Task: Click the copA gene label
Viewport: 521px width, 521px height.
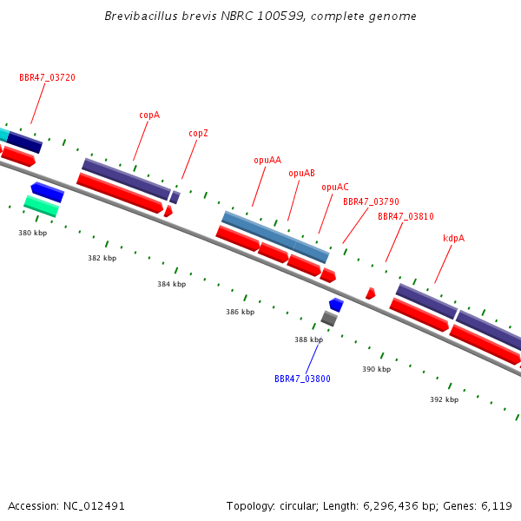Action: coord(149,115)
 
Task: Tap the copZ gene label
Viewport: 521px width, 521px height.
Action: coord(198,133)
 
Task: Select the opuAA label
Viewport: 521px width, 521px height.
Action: coord(267,160)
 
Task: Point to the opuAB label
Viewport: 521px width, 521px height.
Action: coord(301,173)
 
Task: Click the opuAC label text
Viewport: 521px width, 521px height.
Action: coord(335,187)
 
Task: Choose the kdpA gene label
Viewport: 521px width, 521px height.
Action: coord(453,238)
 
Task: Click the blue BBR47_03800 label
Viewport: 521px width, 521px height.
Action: coord(302,379)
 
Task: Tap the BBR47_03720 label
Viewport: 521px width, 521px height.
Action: coord(47,78)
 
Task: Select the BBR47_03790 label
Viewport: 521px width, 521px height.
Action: coord(371,201)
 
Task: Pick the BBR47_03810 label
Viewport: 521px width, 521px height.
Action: coord(406,216)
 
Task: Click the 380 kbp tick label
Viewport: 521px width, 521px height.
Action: coord(33,233)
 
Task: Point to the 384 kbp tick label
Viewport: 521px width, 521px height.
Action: coord(171,284)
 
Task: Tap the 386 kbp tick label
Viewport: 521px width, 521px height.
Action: coord(241,312)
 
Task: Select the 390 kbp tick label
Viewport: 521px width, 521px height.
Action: coord(377,369)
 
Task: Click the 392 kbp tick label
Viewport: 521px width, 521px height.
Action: coord(445,399)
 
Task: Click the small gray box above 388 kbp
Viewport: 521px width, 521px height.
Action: coord(329,319)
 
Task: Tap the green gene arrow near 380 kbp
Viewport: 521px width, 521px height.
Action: coord(42,206)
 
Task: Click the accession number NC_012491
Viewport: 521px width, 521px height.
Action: coord(94,506)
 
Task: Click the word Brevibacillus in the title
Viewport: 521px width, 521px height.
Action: coord(141,16)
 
